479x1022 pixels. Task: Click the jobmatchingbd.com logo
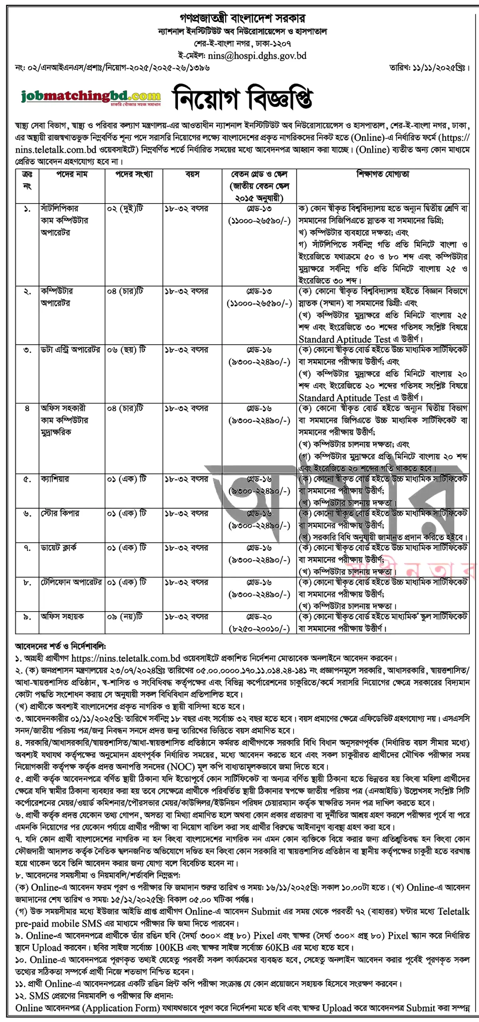pos(91,97)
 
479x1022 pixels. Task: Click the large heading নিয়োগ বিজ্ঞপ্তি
pos(242,98)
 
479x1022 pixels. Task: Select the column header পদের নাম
pos(72,174)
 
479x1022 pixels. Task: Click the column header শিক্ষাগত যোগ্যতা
pos(382,174)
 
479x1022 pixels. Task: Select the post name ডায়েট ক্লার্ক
pos(59,548)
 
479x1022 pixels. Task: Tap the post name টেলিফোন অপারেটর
pos(71,582)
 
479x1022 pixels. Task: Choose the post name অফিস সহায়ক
pos(62,617)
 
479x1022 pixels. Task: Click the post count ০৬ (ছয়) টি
pos(126,350)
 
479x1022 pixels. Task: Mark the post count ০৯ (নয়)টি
pos(124,617)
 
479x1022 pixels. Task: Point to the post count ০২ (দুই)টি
pos(125,209)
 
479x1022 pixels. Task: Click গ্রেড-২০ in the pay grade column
pos(259,617)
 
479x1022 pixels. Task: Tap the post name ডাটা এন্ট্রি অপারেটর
pos(70,350)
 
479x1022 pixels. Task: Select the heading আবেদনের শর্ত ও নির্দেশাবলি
pos(61,646)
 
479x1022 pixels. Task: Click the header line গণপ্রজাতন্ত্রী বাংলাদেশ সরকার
pos(242,18)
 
